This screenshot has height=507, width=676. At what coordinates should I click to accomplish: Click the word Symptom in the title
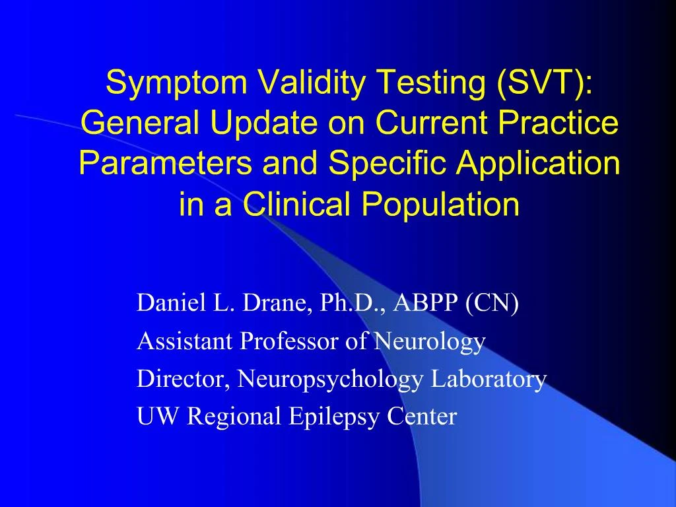click(x=176, y=83)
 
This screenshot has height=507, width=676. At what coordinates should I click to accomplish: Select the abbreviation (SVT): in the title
click(x=545, y=83)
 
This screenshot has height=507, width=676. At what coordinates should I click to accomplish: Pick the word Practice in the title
click(x=558, y=123)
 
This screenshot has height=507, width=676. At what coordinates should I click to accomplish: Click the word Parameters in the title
click(x=165, y=162)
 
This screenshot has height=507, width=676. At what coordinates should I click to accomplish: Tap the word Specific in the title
click(x=387, y=162)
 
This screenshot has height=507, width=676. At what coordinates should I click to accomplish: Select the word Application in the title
click(x=538, y=162)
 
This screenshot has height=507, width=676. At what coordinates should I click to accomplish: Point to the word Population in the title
click(x=440, y=203)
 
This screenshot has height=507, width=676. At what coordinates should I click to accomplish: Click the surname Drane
click(x=278, y=302)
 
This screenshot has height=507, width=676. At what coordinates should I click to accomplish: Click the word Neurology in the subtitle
click(x=430, y=341)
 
